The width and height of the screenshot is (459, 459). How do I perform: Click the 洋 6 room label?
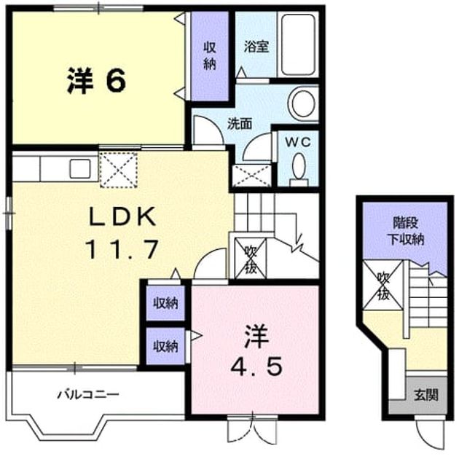[97, 80]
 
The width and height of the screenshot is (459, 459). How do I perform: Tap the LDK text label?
[122, 217]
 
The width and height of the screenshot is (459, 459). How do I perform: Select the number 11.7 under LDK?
[122, 249]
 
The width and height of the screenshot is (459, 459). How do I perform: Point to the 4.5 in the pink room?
[256, 366]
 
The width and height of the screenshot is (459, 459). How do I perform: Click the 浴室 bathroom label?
[256, 47]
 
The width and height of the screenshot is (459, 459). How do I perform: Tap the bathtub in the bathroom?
[298, 44]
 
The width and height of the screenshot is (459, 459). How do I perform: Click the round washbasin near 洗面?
[303, 103]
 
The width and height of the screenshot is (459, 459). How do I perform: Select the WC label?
[298, 143]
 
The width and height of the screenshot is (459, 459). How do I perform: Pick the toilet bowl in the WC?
[299, 166]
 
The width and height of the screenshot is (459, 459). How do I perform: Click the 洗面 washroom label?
[240, 124]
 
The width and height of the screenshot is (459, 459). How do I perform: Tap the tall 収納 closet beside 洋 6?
[210, 56]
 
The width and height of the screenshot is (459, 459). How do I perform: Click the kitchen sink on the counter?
[80, 168]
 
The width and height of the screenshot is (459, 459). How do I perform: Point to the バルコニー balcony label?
[88, 394]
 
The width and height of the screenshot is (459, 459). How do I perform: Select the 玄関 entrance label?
[426, 395]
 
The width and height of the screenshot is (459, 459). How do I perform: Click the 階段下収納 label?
[406, 232]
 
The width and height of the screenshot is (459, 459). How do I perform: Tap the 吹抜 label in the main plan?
[251, 258]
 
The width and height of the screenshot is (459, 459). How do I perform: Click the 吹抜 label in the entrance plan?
[383, 286]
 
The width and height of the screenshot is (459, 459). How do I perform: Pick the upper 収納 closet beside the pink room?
[165, 303]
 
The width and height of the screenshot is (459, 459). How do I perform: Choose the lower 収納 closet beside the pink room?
[165, 347]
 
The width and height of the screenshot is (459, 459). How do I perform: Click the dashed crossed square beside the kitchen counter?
[119, 170]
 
